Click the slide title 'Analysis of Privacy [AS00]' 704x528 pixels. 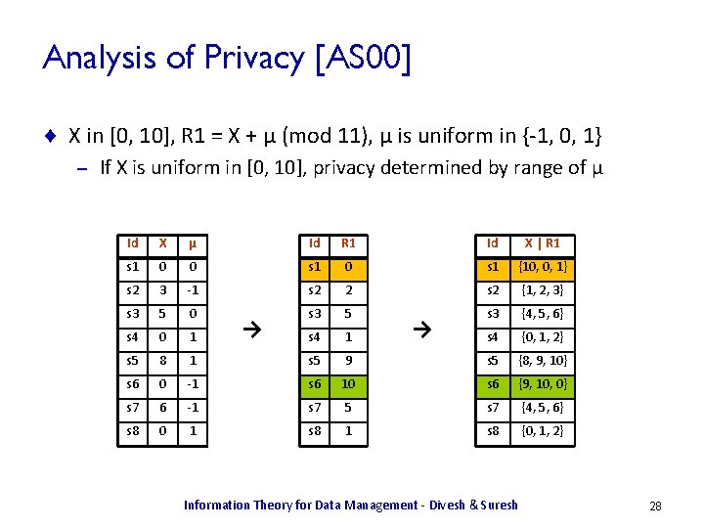tap(227, 59)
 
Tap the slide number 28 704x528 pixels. tap(655, 506)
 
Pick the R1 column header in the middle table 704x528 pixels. tap(347, 242)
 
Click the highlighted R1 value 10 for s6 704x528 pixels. tap(347, 383)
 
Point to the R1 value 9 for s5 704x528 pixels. tap(347, 360)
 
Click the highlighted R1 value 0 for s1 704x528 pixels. tap(347, 266)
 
